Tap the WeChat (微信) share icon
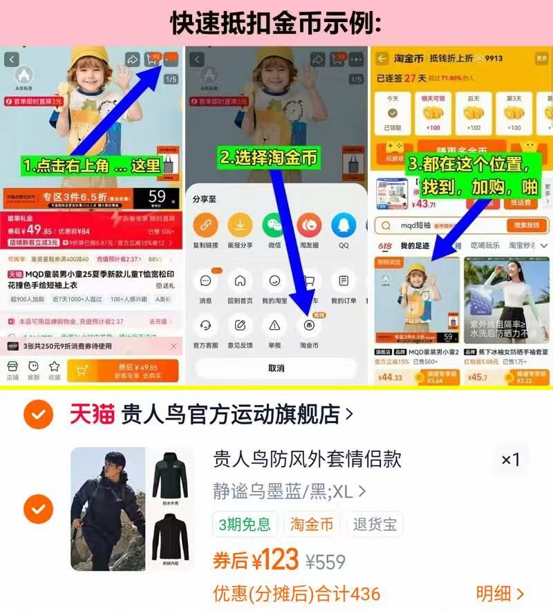pyautogui.click(x=274, y=225)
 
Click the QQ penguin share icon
pyautogui.click(x=344, y=225)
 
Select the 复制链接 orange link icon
pyautogui.click(x=205, y=225)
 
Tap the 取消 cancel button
pyautogui.click(x=276, y=368)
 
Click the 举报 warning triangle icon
pyautogui.click(x=274, y=325)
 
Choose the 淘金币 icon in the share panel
pyautogui.click(x=309, y=325)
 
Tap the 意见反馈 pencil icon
pyautogui.click(x=240, y=325)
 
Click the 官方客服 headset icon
pyautogui.click(x=205, y=325)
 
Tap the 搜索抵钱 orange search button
pyautogui.click(x=526, y=225)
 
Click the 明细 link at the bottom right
pyautogui.click(x=500, y=593)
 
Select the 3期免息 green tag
pyautogui.click(x=244, y=525)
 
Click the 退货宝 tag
pyautogui.click(x=375, y=525)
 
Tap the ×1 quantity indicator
pyautogui.click(x=511, y=460)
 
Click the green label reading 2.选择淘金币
pyautogui.click(x=269, y=158)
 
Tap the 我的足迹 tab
pyautogui.click(x=415, y=246)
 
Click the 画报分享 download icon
pyautogui.click(x=240, y=225)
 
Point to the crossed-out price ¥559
pyautogui.click(x=326, y=562)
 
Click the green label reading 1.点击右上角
pyautogui.click(x=91, y=166)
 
